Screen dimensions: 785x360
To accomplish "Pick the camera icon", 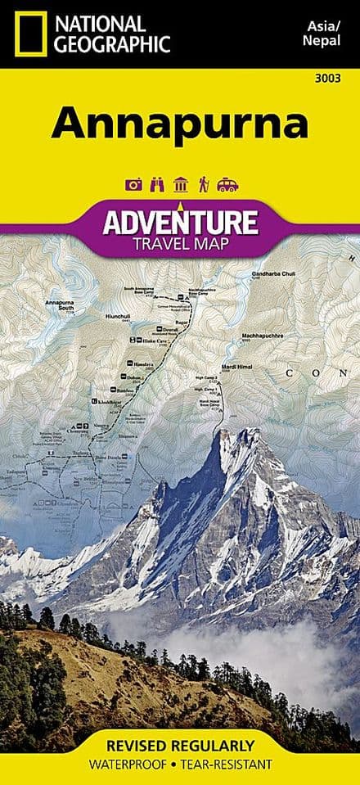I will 133,185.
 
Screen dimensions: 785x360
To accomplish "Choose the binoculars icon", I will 157,185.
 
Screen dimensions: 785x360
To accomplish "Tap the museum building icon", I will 180,185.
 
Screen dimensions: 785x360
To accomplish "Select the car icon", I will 227,185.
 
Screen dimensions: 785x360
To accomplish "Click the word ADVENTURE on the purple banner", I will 180,222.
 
